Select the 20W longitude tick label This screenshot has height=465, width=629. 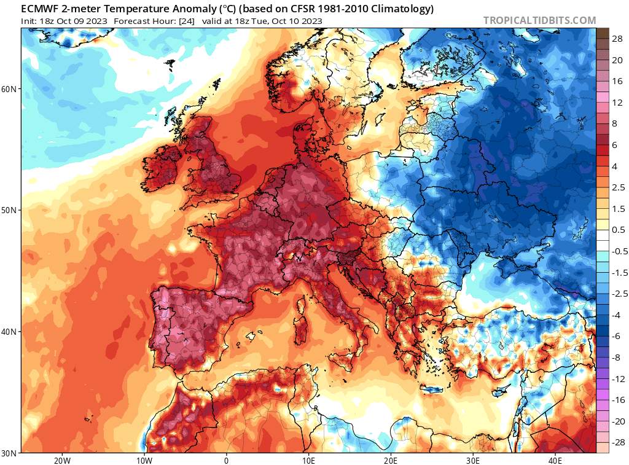click(61, 460)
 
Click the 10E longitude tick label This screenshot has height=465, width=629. click(308, 460)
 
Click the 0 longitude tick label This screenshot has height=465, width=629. click(226, 460)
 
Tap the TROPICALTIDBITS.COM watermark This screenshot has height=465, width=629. click(539, 20)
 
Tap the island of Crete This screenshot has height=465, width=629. click(437, 389)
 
